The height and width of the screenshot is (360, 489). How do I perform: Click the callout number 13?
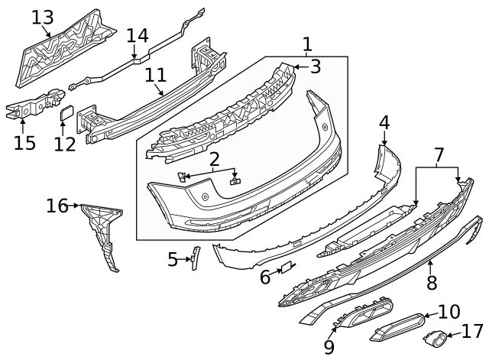pos(43,18)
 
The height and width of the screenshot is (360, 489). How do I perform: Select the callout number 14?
pos(138,35)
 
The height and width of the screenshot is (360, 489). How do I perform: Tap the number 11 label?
pos(156,76)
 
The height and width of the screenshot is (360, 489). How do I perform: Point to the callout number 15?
pos(25,143)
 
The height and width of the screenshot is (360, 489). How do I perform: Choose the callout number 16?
pos(57,205)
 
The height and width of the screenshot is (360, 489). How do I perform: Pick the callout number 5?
pos(173,260)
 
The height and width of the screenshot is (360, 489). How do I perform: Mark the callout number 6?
pos(265,276)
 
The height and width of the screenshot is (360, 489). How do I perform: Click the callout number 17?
pos(474,332)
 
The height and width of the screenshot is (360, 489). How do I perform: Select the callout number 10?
pos(449,311)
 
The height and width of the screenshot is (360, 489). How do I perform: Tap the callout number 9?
pos(329,348)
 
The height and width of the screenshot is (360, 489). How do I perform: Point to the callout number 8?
pos(432,282)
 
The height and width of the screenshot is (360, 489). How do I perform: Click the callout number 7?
pos(438,155)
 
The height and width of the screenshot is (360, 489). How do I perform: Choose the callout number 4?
pos(384,122)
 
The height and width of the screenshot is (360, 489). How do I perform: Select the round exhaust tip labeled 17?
pos(438,336)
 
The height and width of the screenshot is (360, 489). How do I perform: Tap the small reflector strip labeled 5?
pos(194,258)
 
